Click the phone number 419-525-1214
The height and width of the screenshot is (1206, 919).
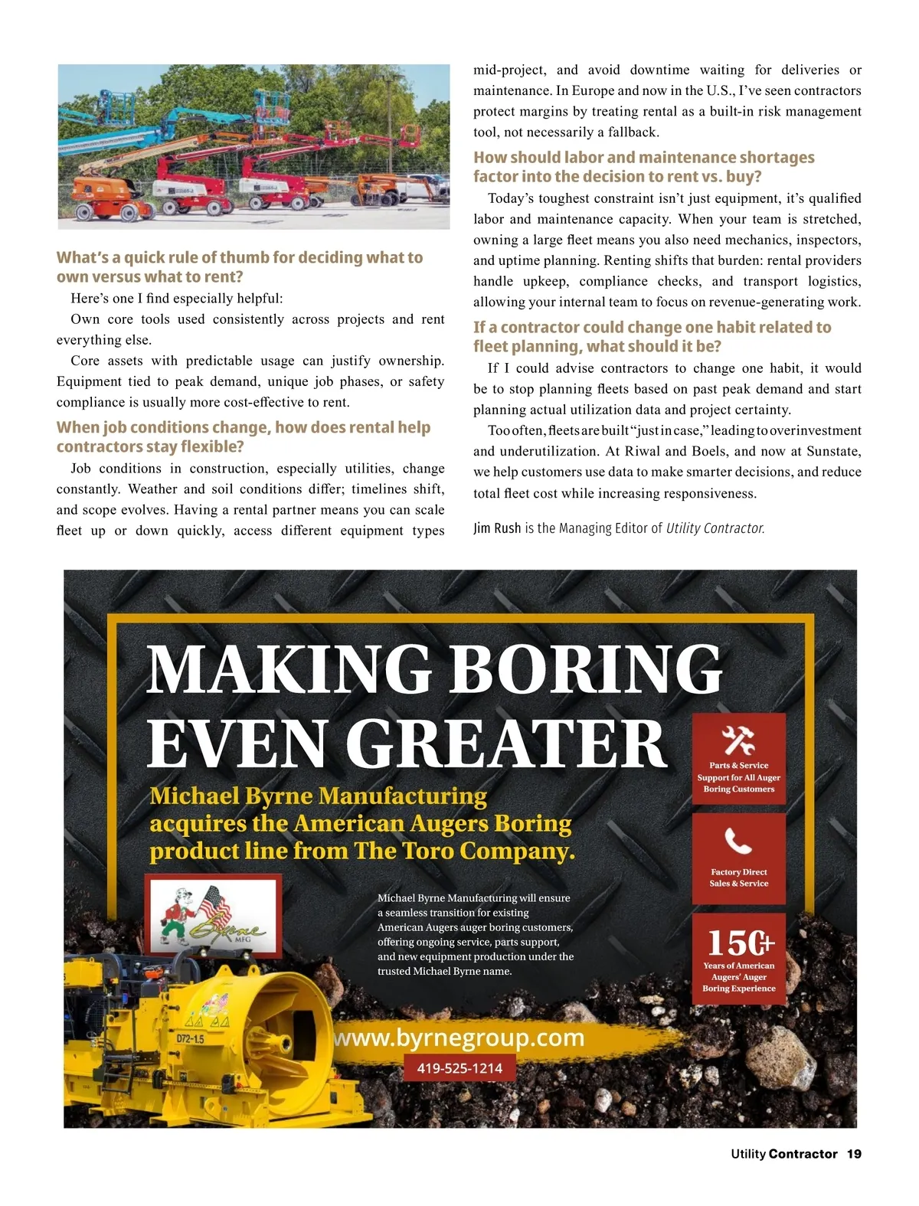(459, 1068)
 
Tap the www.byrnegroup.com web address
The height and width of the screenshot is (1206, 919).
(459, 1038)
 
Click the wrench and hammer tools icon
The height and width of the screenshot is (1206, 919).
(739, 740)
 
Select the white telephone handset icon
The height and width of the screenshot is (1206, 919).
(738, 841)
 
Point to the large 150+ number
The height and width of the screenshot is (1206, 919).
(740, 943)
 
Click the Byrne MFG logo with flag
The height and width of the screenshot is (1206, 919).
(214, 917)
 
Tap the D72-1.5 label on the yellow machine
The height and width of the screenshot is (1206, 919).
(190, 1039)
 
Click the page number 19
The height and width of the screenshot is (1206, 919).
(854, 1154)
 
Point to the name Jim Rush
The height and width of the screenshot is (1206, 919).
(497, 528)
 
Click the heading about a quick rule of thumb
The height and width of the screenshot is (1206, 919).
(240, 267)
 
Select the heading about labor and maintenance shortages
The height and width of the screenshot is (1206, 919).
(644, 167)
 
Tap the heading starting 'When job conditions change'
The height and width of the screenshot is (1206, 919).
(244, 437)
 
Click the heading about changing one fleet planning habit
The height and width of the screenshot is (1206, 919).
(652, 337)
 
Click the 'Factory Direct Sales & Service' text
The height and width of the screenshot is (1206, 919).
(739, 878)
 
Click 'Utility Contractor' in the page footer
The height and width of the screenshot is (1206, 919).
(784, 1154)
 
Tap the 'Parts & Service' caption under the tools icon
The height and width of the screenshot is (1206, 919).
(739, 765)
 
